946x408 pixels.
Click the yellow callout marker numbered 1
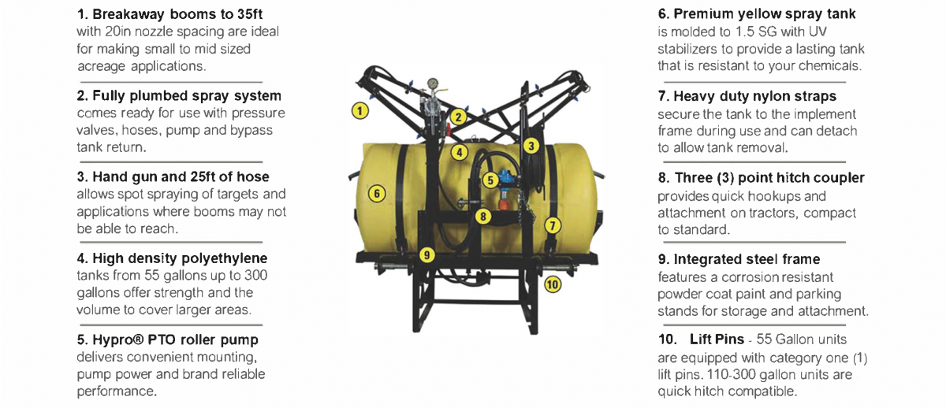359,111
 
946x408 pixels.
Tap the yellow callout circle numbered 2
458,117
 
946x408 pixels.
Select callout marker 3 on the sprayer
531,146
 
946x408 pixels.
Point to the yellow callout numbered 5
490,180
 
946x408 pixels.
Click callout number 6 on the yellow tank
377,194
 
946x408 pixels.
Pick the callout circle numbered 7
553,225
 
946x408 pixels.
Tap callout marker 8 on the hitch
483,217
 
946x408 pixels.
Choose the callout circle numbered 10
553,284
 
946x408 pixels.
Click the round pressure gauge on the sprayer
432,83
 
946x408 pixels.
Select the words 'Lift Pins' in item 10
717,339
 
